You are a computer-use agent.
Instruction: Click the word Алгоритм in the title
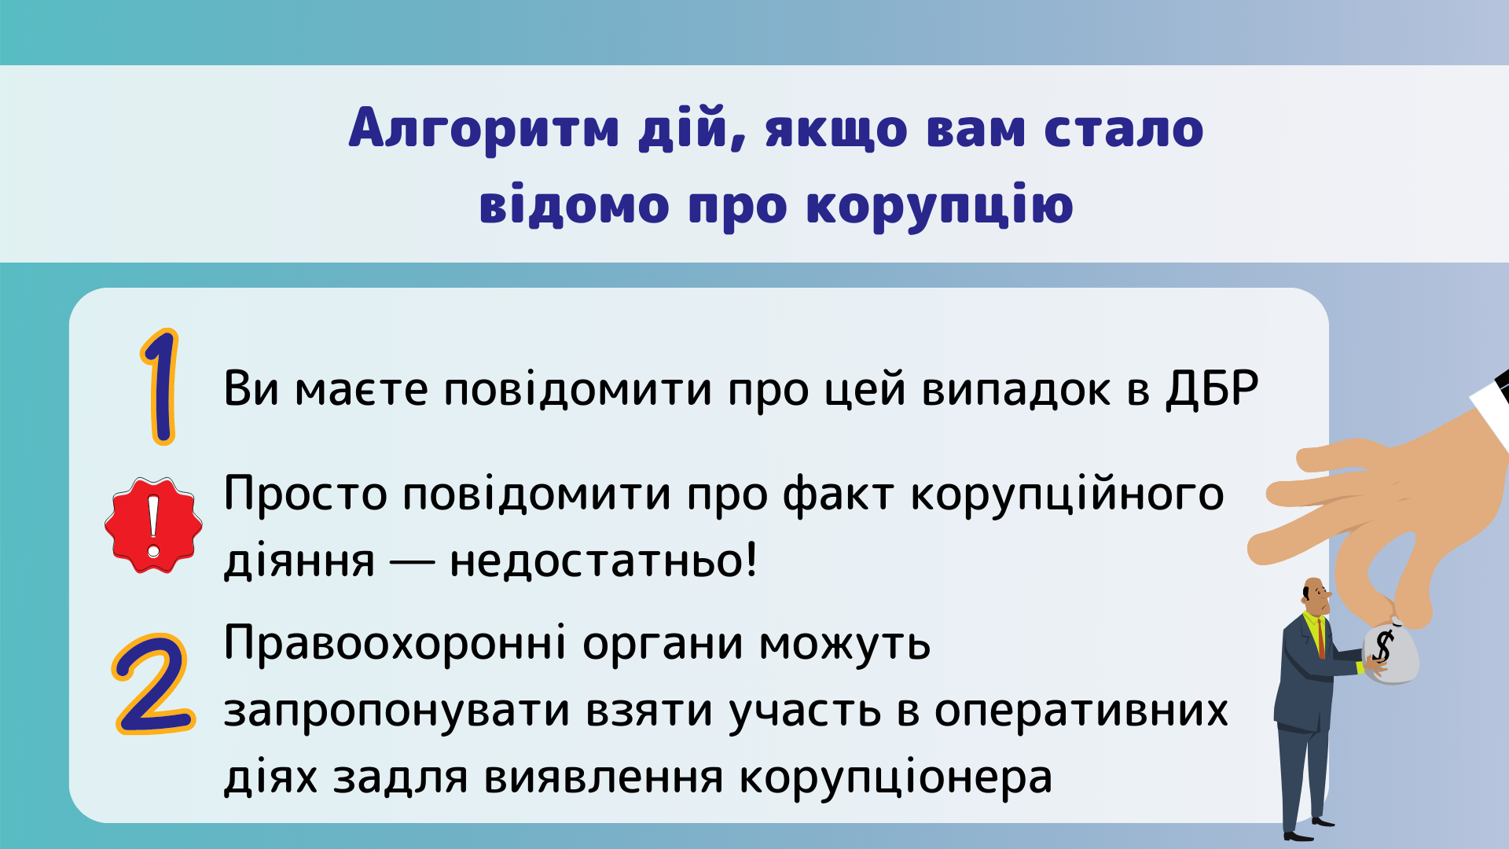(x=484, y=128)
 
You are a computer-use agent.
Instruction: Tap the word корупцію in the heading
(x=940, y=205)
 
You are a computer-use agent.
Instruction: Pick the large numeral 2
(x=153, y=684)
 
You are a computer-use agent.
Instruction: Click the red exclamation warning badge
(x=153, y=524)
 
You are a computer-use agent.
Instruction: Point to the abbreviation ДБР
(x=1212, y=388)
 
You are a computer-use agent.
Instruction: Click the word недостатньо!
(x=603, y=560)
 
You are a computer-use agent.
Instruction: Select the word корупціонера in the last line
(x=895, y=778)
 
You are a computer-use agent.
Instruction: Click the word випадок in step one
(x=1016, y=390)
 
